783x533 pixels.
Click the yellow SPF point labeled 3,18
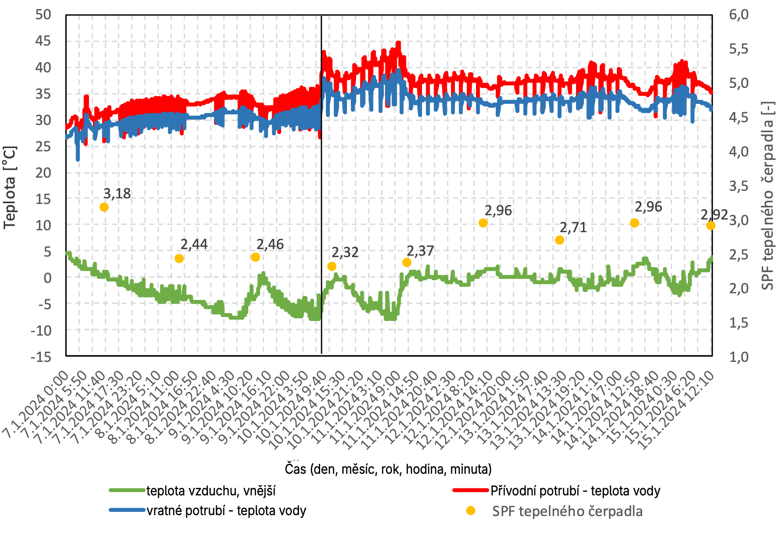[x=104, y=207]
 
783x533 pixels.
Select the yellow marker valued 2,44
[x=179, y=259]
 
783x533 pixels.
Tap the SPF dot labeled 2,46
[x=255, y=257]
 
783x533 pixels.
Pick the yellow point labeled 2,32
[x=332, y=266]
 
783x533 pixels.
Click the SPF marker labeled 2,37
[x=407, y=262]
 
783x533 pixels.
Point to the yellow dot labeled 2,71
[x=559, y=240]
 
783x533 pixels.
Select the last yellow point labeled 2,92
[x=711, y=226]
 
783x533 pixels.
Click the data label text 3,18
[x=117, y=194]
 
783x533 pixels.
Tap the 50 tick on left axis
[x=43, y=15]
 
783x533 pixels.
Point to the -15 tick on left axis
[x=41, y=357]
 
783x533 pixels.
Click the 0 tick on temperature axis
[x=47, y=278]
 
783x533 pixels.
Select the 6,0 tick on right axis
[x=739, y=15]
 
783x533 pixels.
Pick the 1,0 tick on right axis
[x=739, y=357]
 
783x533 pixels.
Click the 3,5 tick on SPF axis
[x=739, y=186]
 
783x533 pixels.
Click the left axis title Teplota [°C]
[x=10, y=187]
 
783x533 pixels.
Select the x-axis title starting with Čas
[x=388, y=469]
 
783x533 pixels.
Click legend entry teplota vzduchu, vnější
[x=211, y=491]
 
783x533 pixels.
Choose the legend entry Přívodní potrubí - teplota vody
[x=575, y=491]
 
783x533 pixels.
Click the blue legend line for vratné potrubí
[x=127, y=510]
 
